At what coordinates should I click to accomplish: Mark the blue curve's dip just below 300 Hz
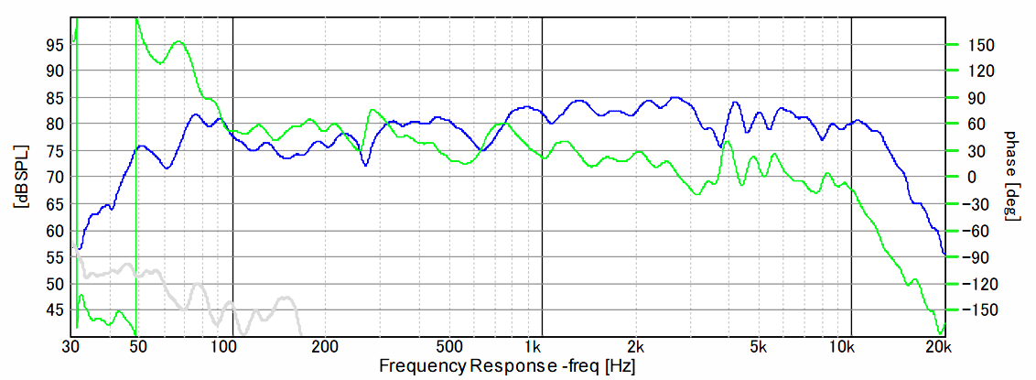[x=365, y=165]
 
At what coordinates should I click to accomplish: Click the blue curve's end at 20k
[x=944, y=255]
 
